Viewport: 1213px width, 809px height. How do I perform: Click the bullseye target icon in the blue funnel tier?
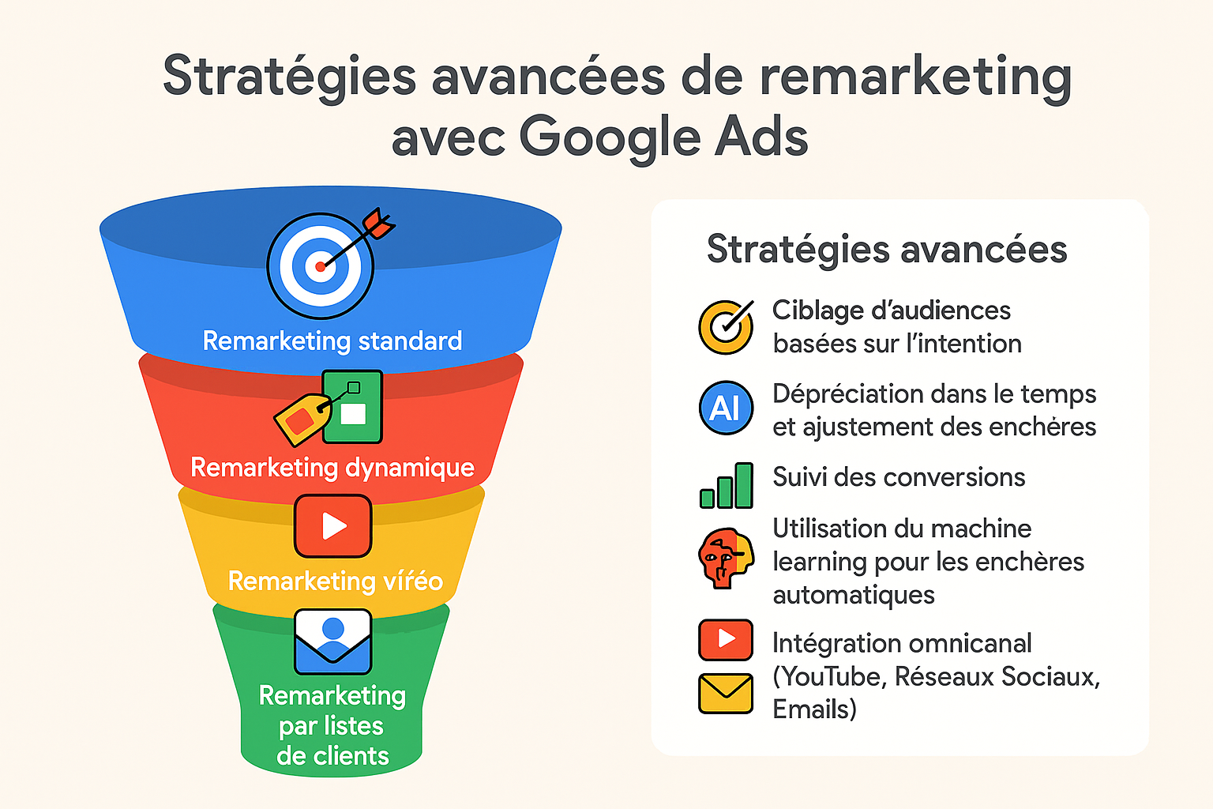point(320,265)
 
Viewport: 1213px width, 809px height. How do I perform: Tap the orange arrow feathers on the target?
point(379,223)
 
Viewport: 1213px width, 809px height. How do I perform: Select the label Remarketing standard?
point(332,341)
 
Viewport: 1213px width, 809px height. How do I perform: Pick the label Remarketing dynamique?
point(332,467)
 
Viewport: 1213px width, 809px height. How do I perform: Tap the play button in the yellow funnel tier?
point(333,525)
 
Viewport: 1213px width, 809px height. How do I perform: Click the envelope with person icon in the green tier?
point(333,642)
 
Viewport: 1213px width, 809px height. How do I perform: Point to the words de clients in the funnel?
point(332,755)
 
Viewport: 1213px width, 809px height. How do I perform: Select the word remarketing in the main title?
point(916,78)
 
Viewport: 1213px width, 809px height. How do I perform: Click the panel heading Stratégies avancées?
point(887,250)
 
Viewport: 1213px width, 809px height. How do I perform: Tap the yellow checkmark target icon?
point(727,327)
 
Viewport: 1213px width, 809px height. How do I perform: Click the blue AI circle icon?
point(726,408)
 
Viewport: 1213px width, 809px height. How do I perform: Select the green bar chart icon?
point(727,486)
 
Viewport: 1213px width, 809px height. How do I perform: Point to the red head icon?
point(726,558)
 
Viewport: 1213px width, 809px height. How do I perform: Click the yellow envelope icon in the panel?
point(726,694)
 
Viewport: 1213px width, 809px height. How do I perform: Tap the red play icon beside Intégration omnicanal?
point(726,640)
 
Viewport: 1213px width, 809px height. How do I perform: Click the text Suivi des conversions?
point(899,477)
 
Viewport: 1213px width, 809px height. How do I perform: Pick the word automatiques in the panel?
point(854,595)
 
